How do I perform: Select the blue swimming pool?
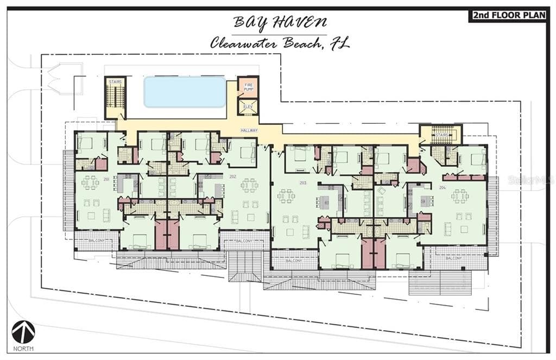(x=185, y=92)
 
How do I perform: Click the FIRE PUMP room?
(x=248, y=87)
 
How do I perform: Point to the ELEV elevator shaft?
(x=248, y=106)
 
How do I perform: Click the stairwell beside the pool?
(x=115, y=97)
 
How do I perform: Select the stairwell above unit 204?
(x=441, y=134)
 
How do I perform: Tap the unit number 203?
(x=303, y=183)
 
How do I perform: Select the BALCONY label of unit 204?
(x=454, y=258)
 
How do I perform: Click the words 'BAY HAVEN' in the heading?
(x=280, y=23)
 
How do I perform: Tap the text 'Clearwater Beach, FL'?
(x=280, y=43)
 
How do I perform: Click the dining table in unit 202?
(x=249, y=185)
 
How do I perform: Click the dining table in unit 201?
(x=90, y=182)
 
